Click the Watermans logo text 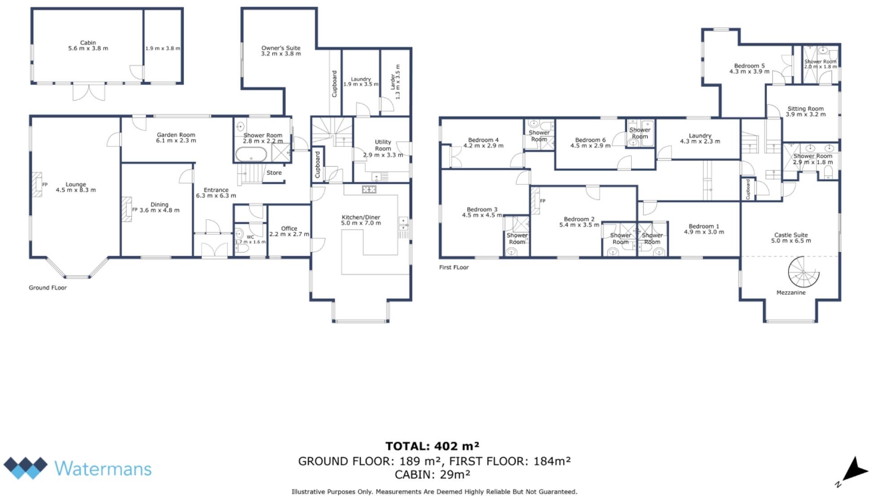click(x=103, y=469)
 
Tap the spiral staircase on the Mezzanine click(x=803, y=272)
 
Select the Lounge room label click(x=75, y=184)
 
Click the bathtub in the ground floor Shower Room click(x=251, y=155)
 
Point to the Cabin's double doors click(x=89, y=92)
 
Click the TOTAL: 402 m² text click(x=432, y=446)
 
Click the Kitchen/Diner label click(x=361, y=217)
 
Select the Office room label click(x=289, y=228)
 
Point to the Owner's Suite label click(x=281, y=48)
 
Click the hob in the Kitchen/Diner click(x=369, y=190)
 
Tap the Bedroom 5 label click(x=749, y=66)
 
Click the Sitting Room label click(x=805, y=108)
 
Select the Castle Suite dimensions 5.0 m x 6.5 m click(x=791, y=241)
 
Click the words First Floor click(x=454, y=267)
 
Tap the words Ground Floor click(x=48, y=288)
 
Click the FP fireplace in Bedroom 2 click(x=535, y=200)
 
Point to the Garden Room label click(x=175, y=134)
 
